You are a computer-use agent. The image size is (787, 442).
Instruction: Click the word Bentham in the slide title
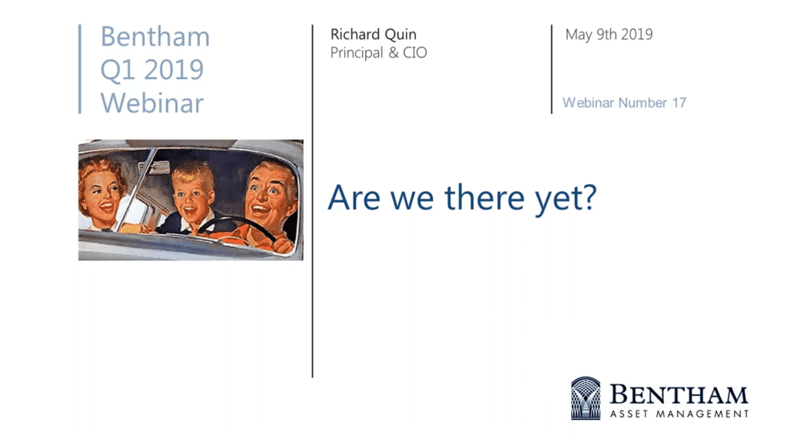click(x=155, y=37)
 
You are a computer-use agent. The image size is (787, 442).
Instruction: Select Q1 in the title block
click(x=117, y=70)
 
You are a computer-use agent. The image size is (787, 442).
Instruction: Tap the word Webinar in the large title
click(x=152, y=103)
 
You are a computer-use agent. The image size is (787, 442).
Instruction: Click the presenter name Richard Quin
click(x=374, y=34)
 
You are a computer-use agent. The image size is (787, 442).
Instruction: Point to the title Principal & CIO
click(x=378, y=53)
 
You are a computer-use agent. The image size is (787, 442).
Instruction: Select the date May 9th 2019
click(x=609, y=35)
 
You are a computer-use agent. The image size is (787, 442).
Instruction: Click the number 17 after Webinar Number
click(x=679, y=103)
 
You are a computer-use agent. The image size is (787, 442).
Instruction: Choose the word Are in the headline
click(x=354, y=197)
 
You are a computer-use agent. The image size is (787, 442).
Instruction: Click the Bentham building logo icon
click(x=586, y=398)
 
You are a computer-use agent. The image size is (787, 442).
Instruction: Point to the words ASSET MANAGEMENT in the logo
click(x=679, y=414)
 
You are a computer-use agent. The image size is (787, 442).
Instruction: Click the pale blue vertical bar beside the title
click(x=80, y=69)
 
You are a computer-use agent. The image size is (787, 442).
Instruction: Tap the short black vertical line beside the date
click(x=552, y=69)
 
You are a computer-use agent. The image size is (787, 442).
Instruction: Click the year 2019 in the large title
click(x=174, y=70)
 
